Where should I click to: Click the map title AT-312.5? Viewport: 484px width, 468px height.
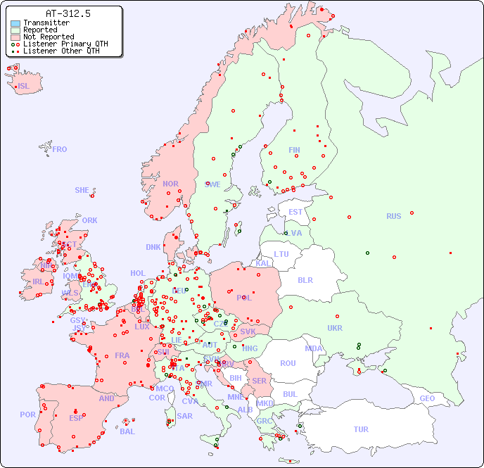click(68, 13)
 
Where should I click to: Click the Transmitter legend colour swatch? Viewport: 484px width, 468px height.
click(15, 23)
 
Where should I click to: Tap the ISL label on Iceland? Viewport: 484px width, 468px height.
click(24, 87)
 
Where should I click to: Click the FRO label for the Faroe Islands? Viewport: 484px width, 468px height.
click(60, 149)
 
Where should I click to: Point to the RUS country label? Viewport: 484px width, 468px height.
click(393, 216)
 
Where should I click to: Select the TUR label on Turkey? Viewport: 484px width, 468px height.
click(361, 429)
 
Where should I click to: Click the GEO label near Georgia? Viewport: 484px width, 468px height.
click(427, 398)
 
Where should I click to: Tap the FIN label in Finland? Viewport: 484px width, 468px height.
click(294, 150)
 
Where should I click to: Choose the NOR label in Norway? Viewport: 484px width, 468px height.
click(170, 184)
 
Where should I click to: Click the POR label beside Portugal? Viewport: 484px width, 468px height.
click(27, 415)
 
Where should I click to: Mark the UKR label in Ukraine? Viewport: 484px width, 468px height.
click(335, 328)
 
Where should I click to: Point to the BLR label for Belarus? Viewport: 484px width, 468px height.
click(305, 279)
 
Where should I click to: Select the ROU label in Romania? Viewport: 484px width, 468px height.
click(288, 363)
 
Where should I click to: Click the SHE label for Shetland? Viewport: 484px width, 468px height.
click(82, 190)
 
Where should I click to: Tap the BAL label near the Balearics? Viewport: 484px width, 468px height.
click(127, 431)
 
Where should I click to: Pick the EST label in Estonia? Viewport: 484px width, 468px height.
click(295, 212)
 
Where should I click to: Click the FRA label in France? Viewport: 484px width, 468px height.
click(122, 355)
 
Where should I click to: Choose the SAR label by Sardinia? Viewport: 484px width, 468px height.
click(184, 416)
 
